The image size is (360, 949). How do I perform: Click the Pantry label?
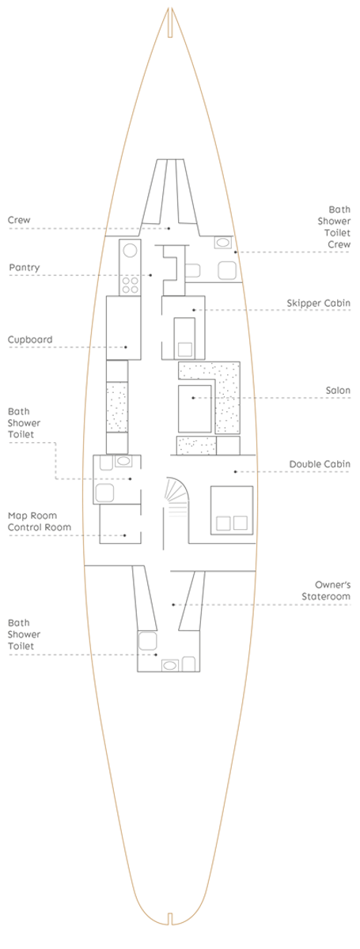point(25,268)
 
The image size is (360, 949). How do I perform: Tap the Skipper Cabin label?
point(318,304)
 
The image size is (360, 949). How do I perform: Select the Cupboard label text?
point(30,340)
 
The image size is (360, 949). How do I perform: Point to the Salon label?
point(338,390)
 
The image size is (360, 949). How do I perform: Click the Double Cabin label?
point(320,464)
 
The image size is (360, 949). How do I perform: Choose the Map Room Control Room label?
point(40,521)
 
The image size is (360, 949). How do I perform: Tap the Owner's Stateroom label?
point(326,591)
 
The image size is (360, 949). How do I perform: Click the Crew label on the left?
point(19,221)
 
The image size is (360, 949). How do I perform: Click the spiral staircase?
point(177,497)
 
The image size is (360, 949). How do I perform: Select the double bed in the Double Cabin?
point(232,510)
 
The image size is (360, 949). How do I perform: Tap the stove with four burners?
point(130,285)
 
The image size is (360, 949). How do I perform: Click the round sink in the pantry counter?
point(130,251)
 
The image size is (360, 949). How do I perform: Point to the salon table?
point(195,408)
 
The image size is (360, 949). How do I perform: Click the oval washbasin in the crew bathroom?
point(222,243)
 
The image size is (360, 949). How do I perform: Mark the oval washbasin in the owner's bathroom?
point(169,666)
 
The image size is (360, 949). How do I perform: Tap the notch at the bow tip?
point(170,22)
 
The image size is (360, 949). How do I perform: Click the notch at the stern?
point(170,931)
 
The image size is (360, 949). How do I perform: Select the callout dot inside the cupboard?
point(126,347)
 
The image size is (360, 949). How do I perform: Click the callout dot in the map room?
point(125,535)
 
